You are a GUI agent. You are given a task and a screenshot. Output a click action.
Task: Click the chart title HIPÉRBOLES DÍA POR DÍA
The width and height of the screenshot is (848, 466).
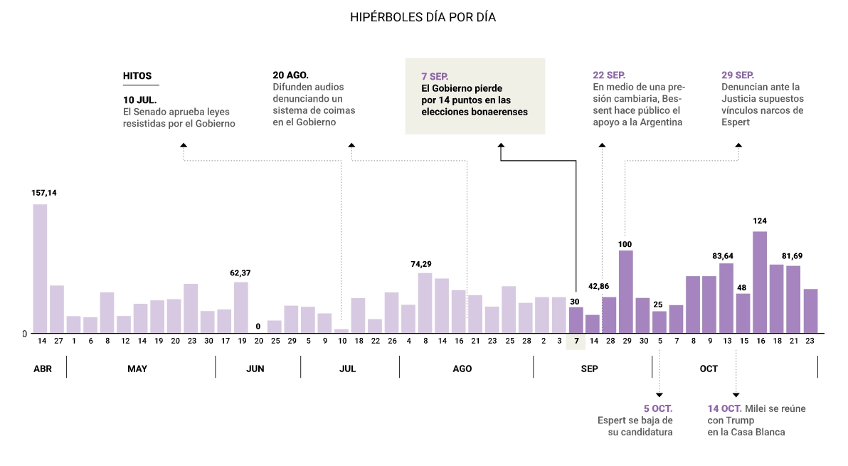coord(423,17)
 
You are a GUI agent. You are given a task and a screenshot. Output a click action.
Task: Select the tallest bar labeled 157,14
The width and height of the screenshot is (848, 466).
coord(40,269)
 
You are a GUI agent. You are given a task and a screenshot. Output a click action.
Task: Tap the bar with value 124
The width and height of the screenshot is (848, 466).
coord(760,282)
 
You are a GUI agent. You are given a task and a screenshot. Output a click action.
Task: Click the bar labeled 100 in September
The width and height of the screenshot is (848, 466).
coord(625,292)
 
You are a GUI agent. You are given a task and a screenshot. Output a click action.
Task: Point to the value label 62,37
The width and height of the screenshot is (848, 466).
coord(240,273)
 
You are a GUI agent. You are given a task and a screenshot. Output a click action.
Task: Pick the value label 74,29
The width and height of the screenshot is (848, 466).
coord(421,264)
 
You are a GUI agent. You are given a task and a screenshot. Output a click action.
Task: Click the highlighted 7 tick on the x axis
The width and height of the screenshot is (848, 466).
coord(576,341)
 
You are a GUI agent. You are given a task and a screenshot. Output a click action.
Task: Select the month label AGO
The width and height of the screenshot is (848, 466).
coord(462,369)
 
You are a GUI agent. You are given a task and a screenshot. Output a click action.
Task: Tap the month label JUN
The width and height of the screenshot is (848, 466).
coord(255,369)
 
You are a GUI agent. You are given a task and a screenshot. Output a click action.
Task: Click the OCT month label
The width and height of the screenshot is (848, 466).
coord(709,369)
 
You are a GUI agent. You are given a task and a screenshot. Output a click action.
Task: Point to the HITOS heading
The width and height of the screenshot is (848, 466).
coord(137,75)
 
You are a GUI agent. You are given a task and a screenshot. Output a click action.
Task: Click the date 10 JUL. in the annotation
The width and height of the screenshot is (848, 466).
coord(140,100)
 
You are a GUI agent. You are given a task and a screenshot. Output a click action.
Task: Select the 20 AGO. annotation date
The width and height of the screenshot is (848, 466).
coord(291,75)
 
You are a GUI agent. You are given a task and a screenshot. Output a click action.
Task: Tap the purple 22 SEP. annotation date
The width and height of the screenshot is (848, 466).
coord(609,75)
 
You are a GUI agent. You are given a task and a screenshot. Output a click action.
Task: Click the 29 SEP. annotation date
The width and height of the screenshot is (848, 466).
coord(738,75)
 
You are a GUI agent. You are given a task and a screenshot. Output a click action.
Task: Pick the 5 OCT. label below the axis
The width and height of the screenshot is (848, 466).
coord(658,408)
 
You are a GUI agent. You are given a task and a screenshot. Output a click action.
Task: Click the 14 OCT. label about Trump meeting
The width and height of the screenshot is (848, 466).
coord(724,408)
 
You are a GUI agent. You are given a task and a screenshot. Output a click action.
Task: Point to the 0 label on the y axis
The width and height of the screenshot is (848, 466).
coord(24,333)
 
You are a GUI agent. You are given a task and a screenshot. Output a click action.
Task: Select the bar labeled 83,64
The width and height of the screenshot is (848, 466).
coord(726,298)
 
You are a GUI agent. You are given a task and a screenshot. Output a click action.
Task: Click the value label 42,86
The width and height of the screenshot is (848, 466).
coord(599,286)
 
